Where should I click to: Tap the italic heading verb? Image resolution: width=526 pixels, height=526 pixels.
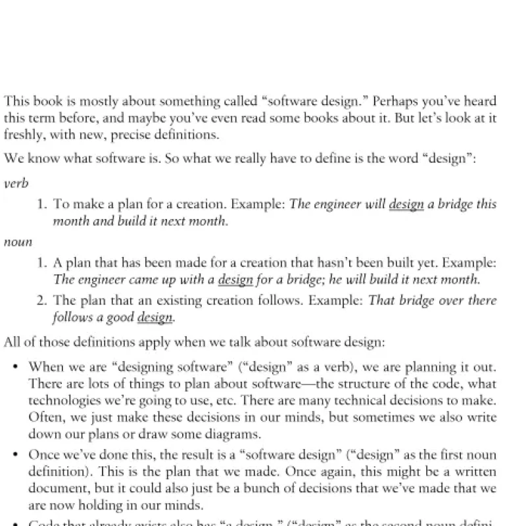click(16, 184)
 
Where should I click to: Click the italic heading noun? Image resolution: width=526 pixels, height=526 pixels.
click(18, 242)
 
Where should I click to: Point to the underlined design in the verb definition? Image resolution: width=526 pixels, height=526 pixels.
click(406, 204)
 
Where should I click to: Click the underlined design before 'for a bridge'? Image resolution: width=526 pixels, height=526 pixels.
click(235, 279)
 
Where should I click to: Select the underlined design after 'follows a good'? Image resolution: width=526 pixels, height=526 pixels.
click(155, 318)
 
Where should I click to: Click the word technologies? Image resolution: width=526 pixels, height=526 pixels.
click(62, 401)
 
